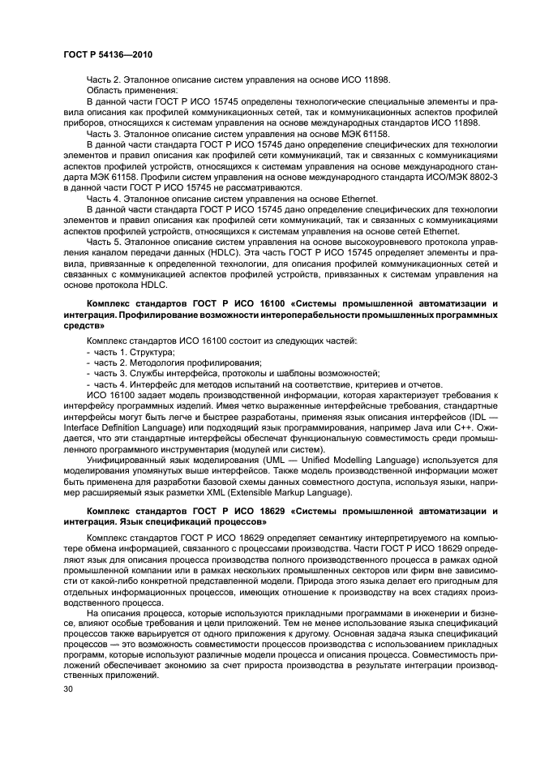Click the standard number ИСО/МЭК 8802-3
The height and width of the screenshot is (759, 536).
pos(460,175)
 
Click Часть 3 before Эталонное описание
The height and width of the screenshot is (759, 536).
pos(103,133)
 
